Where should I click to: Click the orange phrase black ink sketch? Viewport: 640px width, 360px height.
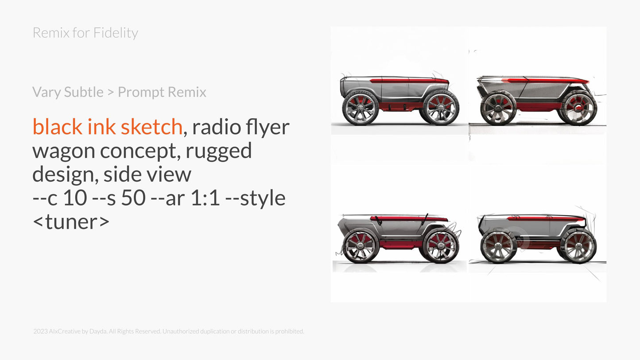pos(107,127)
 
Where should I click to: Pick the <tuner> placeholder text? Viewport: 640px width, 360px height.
pos(71,221)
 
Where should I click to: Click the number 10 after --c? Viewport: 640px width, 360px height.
pos(75,198)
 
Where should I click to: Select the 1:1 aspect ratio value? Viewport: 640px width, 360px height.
pos(205,198)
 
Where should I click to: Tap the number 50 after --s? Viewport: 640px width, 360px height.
pos(133,198)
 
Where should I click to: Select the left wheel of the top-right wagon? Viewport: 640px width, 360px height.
pos(498,108)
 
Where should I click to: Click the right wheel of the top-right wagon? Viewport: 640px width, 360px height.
pos(579,108)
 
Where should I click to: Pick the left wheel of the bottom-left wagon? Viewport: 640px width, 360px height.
pos(361,246)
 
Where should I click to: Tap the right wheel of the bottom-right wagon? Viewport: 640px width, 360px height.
pos(578,246)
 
